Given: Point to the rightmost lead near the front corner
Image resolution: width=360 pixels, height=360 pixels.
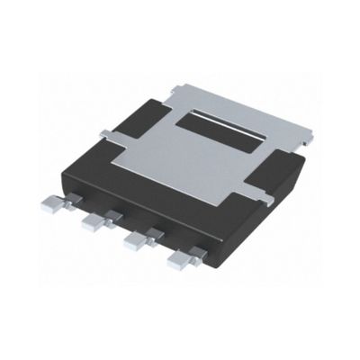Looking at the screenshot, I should (181, 260).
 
